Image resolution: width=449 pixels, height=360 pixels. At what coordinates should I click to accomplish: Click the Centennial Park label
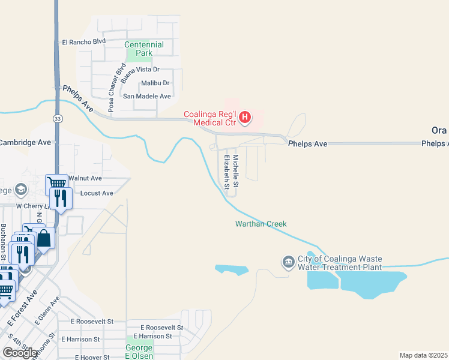144,49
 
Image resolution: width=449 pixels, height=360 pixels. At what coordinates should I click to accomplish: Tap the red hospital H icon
245,117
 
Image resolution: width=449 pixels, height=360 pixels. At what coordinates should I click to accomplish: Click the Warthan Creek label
261,224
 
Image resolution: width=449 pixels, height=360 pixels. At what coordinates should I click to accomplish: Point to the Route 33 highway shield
56,119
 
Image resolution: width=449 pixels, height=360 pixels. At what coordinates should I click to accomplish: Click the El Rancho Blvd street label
83,42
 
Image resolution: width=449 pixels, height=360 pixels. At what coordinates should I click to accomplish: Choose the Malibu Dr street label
155,83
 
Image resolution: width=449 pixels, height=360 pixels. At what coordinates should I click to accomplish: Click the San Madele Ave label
147,96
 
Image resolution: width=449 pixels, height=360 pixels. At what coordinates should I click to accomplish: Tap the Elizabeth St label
227,172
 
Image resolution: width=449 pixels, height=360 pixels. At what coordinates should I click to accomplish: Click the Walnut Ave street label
85,178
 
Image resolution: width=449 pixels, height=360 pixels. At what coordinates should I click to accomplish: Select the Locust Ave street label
96,193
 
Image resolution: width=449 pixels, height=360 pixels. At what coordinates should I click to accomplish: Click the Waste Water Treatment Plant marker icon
288,262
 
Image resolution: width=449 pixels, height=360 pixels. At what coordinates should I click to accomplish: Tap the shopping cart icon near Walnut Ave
56,182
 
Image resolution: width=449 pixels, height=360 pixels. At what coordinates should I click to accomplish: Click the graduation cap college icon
21,190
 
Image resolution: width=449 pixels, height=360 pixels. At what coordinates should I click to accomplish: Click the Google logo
20,352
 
